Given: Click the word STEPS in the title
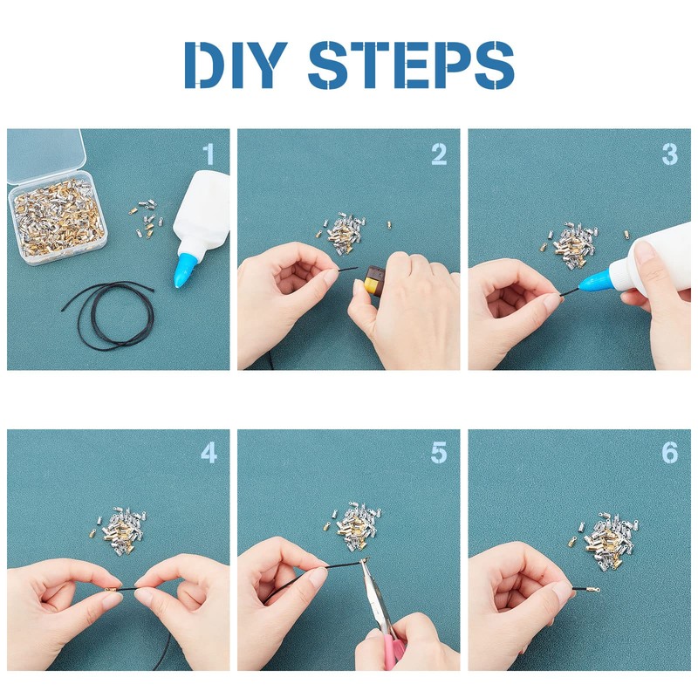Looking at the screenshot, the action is [x=411, y=65].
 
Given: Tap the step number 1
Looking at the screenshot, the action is [x=209, y=154].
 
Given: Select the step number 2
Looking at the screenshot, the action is [x=439, y=154].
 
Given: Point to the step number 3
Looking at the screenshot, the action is [x=669, y=154].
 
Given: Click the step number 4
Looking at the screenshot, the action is [x=209, y=453].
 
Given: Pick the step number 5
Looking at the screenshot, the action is [x=439, y=453].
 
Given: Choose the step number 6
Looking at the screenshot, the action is [x=669, y=453].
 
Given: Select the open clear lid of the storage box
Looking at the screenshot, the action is [x=44, y=155].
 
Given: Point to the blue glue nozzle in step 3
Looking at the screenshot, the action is [x=595, y=281].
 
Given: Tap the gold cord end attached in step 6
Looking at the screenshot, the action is [x=591, y=590].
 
